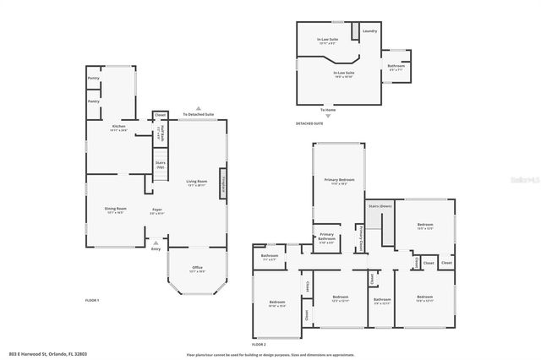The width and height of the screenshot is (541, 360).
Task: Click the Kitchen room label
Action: tap(117, 127)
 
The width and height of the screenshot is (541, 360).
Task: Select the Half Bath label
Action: tap(159, 134)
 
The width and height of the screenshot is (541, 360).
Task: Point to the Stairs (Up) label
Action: tap(160, 165)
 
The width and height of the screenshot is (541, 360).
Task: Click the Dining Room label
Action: tap(116, 210)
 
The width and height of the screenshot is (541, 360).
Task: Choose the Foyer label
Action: tap(156, 210)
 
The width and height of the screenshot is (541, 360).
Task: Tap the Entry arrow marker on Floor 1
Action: tap(155, 243)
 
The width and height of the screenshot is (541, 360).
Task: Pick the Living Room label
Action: tap(197, 183)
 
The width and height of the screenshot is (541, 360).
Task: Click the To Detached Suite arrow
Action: tap(198, 108)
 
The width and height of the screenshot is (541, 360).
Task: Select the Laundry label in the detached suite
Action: tap(369, 31)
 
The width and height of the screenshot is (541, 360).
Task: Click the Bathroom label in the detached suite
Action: tap(396, 67)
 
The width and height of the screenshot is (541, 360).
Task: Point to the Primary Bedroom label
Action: tap(339, 181)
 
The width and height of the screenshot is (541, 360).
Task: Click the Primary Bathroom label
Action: tap(326, 235)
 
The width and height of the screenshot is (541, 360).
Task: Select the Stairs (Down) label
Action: tap(380, 205)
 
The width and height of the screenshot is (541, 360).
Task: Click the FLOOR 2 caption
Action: tap(259, 345)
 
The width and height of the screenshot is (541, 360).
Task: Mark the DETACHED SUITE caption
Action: tap(309, 123)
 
